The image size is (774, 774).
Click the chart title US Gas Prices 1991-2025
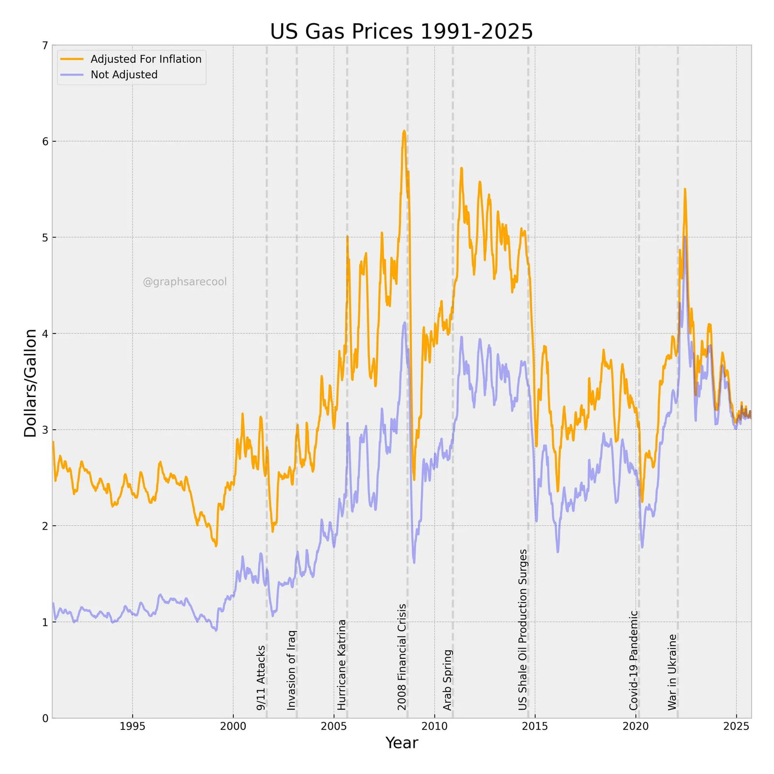[401, 31]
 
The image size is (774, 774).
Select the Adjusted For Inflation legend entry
[146, 59]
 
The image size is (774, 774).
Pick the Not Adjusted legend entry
[124, 75]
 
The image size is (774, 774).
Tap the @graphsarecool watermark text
[184, 282]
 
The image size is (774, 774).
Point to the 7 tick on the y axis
[45, 46]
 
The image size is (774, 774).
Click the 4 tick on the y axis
[45, 334]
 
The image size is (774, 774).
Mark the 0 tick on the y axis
[45, 719]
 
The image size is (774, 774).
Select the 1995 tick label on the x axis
[133, 726]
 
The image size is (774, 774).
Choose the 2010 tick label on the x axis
[434, 726]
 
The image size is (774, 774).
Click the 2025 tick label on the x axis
[736, 726]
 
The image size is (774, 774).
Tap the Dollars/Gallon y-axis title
[30, 383]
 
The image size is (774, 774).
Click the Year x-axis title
[402, 743]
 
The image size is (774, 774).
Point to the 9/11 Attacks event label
[261, 678]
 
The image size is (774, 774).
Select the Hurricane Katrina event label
[342, 665]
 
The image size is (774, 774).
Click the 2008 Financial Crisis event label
[402, 657]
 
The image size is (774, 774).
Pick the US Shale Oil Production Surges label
[522, 629]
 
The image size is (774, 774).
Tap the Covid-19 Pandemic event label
[634, 660]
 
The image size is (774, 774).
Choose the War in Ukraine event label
[672, 672]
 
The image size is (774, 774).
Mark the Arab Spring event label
[447, 680]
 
